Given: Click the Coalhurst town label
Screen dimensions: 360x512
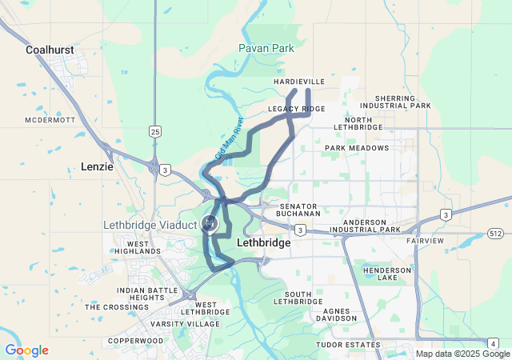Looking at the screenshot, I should click(50, 50).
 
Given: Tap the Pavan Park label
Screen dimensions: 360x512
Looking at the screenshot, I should click(266, 49).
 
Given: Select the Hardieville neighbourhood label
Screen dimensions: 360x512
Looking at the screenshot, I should click(299, 82).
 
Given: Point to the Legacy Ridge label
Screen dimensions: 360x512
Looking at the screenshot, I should click(297, 108).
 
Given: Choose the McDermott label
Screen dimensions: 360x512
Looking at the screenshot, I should click(50, 120).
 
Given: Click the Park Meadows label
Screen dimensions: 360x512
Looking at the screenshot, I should click(357, 148).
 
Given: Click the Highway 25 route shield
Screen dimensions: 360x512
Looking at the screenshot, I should click(154, 130).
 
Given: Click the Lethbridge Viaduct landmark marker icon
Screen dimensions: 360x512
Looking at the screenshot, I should click(210, 223).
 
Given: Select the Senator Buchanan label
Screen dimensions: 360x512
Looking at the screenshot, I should click(298, 210).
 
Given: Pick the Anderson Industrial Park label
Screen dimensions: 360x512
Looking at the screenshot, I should click(370, 226).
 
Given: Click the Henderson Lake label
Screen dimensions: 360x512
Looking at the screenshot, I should click(386, 274).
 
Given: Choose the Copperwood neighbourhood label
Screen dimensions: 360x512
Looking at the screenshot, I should click(136, 341).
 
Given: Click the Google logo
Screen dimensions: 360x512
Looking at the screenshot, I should click(26, 350).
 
